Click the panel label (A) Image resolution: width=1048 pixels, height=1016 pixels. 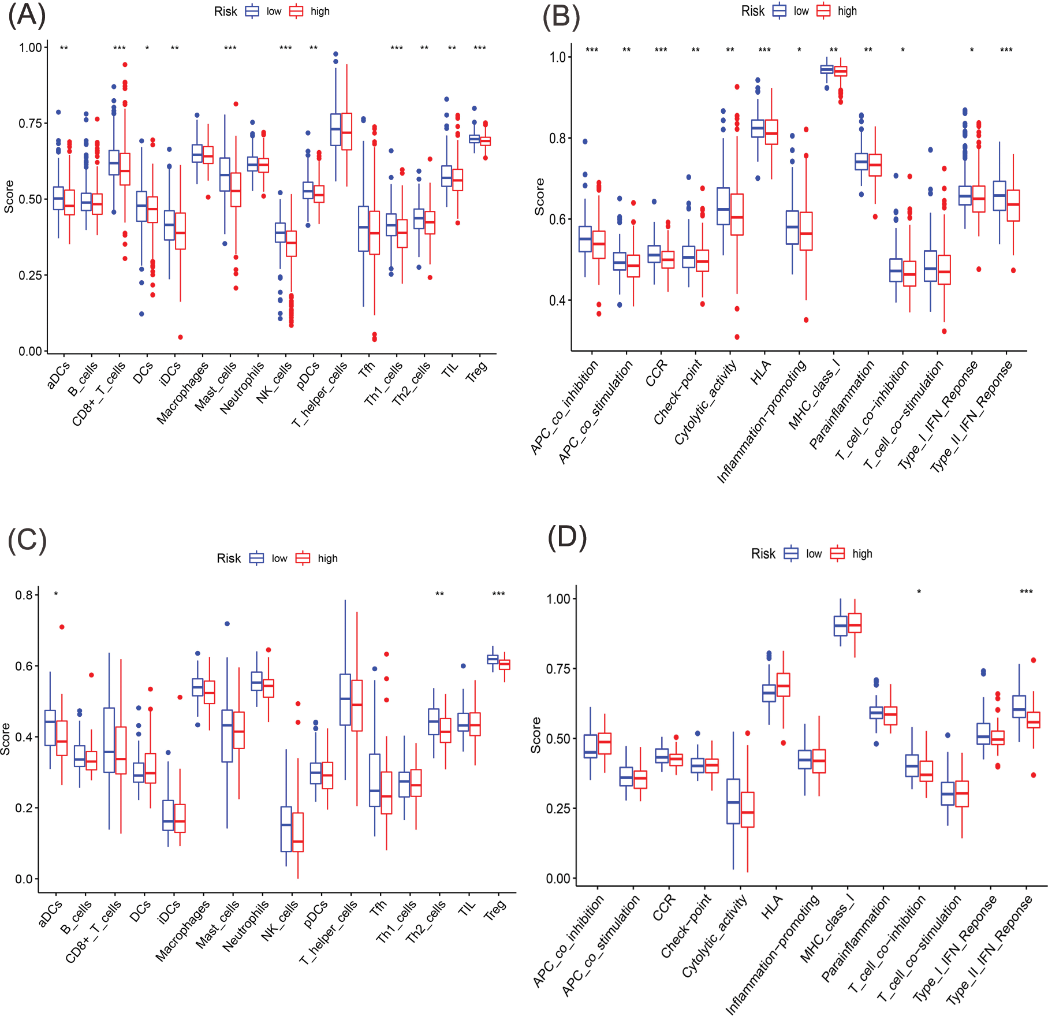click(27, 16)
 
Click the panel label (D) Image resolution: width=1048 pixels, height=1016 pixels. click(567, 537)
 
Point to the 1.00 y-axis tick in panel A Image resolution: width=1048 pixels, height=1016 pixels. click(30, 47)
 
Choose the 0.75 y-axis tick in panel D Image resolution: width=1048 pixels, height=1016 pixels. click(558, 669)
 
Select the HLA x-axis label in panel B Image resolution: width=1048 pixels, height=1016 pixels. click(760, 373)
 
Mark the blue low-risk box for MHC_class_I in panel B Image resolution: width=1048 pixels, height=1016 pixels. click(827, 69)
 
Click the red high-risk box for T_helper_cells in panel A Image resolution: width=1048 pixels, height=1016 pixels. click(346, 132)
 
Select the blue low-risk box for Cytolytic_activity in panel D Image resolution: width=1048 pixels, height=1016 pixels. click(733, 801)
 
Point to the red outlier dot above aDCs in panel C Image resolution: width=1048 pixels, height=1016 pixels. click(62, 627)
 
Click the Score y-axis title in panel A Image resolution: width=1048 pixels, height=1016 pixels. click(9, 197)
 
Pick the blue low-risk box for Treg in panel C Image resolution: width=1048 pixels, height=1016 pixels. click(493, 659)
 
